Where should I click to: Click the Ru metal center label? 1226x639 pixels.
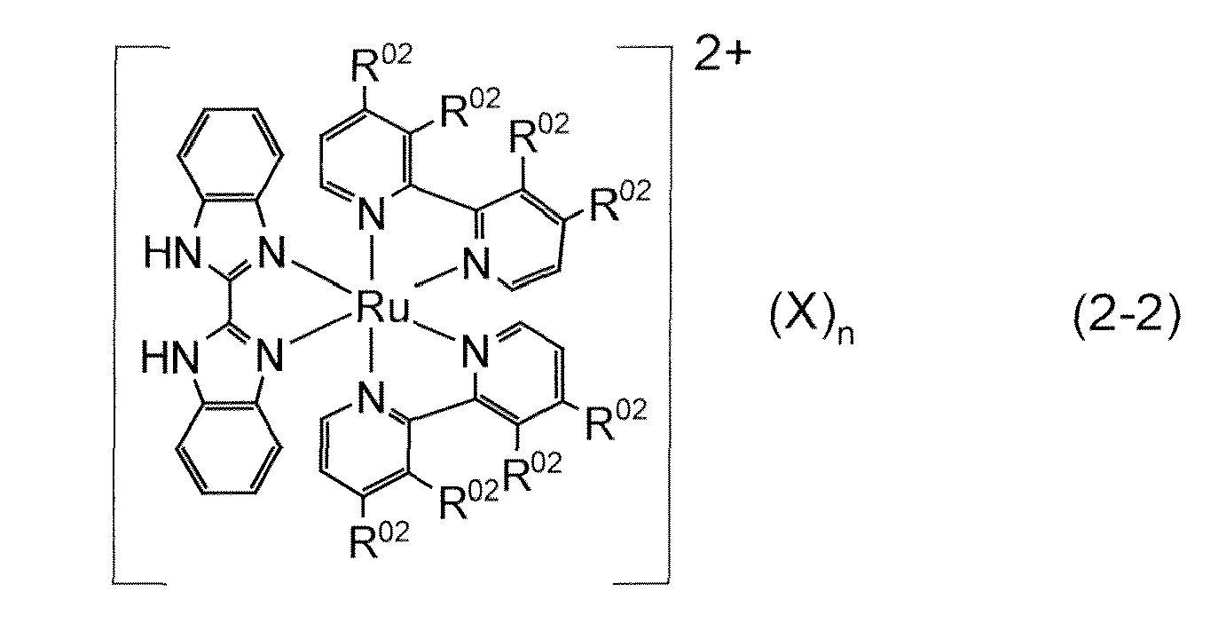point(382,308)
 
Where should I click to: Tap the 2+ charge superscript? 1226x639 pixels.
point(722,52)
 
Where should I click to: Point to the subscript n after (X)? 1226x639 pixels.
point(845,334)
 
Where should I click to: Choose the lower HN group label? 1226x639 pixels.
point(169,358)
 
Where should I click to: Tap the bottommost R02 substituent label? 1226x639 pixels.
point(380,540)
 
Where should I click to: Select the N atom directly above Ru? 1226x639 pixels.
point(372,214)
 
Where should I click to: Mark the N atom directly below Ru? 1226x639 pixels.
point(372,398)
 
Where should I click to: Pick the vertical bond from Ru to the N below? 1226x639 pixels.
point(373,351)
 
